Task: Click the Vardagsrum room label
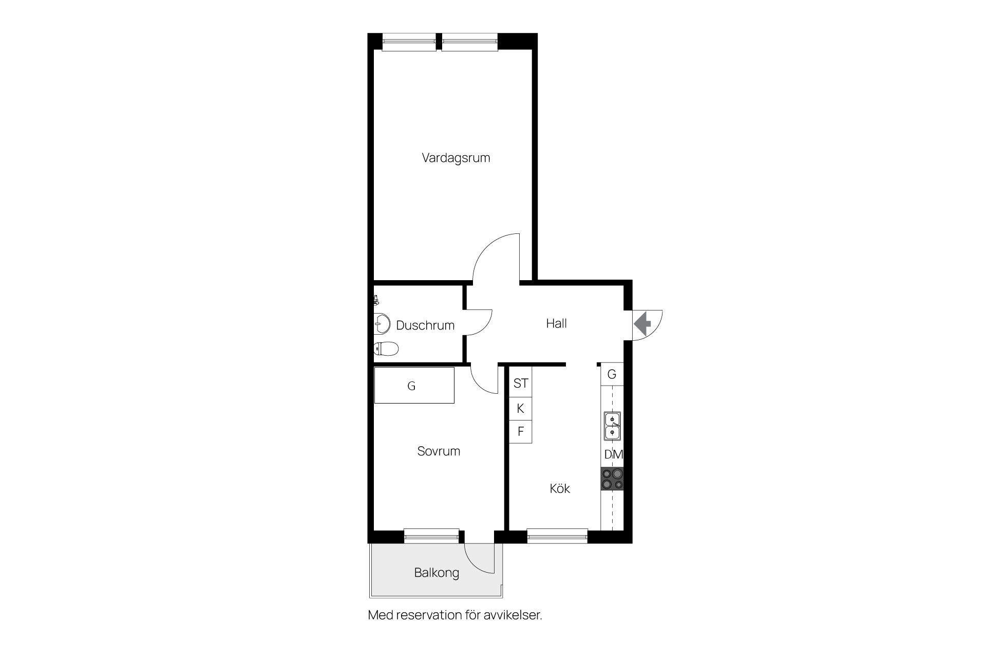pos(456,158)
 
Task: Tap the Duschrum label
pos(425,325)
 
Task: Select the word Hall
pos(556,323)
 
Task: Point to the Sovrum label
pos(439,451)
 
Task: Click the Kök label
pos(560,488)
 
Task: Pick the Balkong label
pos(437,573)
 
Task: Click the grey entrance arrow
pos(642,324)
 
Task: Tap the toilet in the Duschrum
pos(386,349)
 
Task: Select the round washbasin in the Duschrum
pos(383,324)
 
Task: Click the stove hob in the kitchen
pos(612,479)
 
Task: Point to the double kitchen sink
pos(612,426)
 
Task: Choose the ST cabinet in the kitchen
pos(521,383)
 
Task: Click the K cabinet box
pos(521,409)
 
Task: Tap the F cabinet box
pos(521,431)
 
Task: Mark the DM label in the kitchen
pos(614,454)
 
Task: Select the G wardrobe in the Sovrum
pos(414,385)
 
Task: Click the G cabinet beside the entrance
pos(612,374)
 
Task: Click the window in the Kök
pos(557,536)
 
